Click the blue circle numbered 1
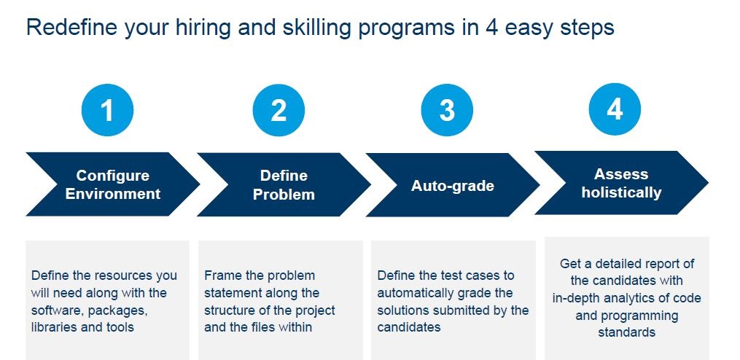pyautogui.click(x=108, y=110)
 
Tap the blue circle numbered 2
pyautogui.click(x=279, y=110)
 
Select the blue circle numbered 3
pyautogui.click(x=446, y=110)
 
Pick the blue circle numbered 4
pyautogui.click(x=615, y=109)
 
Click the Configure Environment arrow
pyautogui.click(x=113, y=184)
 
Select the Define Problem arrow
pyautogui.click(x=284, y=184)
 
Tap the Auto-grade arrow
pyautogui.click(x=453, y=185)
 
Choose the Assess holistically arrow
pyautogui.click(x=622, y=183)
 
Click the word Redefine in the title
pyautogui.click(x=71, y=28)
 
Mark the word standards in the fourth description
pyautogui.click(x=627, y=332)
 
